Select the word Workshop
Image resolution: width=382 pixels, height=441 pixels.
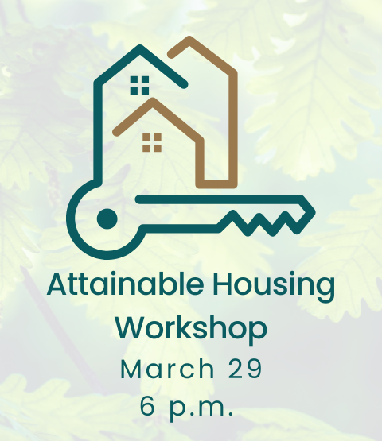(x=190, y=328)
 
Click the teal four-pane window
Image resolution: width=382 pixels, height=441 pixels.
(x=139, y=84)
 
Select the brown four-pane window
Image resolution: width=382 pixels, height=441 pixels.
(x=151, y=142)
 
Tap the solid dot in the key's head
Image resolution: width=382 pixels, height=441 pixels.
(x=106, y=216)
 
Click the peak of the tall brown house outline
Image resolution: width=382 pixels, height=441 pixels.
(x=188, y=39)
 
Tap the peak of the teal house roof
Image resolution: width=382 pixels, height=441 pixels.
(x=139, y=49)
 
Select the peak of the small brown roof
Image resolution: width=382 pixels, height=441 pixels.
(x=152, y=101)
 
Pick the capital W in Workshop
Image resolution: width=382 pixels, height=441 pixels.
(x=133, y=327)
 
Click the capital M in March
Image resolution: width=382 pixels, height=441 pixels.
(x=131, y=369)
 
